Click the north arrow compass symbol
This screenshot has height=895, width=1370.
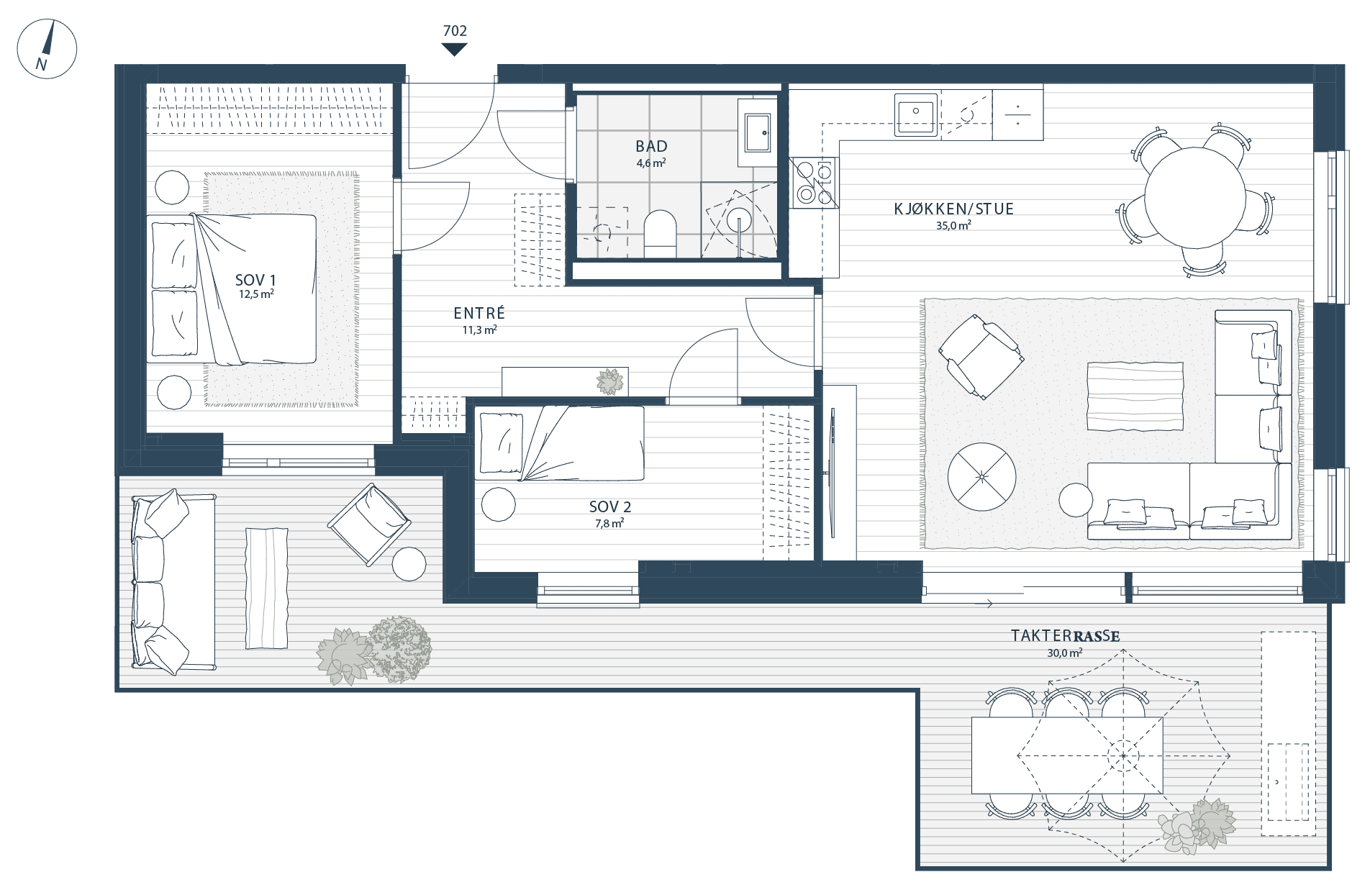tap(47, 48)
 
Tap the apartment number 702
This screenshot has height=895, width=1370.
tap(455, 31)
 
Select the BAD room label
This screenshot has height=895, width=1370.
tap(651, 146)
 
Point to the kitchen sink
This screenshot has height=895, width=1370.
tap(916, 114)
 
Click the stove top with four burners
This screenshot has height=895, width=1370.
tap(814, 183)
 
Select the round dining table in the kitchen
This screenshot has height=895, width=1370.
tap(1194, 197)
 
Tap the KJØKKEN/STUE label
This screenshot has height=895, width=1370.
tap(953, 209)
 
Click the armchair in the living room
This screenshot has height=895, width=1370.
tap(981, 356)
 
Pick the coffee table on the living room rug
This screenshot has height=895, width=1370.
tap(1135, 396)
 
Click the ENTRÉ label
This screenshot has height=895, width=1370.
tap(479, 313)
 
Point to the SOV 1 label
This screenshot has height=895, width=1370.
tap(255, 280)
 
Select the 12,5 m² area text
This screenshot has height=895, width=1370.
tap(256, 294)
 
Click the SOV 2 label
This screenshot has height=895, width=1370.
tap(609, 507)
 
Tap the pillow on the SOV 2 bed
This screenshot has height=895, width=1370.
tap(502, 442)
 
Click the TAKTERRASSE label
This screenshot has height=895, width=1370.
tap(1065, 636)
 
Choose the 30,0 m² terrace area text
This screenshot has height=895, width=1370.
tap(1065, 653)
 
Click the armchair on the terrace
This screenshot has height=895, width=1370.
tap(369, 524)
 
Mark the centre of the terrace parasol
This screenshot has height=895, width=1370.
tap(1123, 755)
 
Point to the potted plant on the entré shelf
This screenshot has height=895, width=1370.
tap(610, 382)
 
